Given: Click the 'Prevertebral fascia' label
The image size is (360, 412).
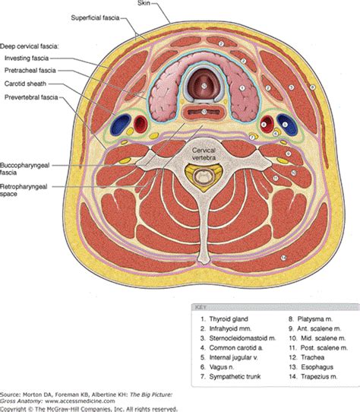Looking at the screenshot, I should (x=33, y=97).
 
